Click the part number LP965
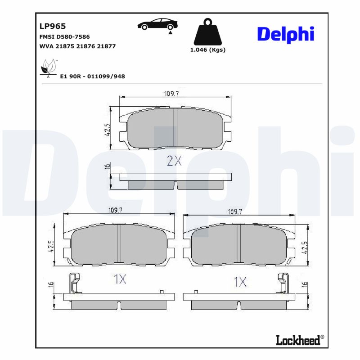click(x=53, y=27)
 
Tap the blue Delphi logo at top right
click(x=285, y=34)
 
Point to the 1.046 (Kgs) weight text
click(x=207, y=50)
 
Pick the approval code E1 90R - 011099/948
click(x=92, y=76)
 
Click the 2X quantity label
click(x=174, y=161)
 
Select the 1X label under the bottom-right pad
click(x=240, y=282)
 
